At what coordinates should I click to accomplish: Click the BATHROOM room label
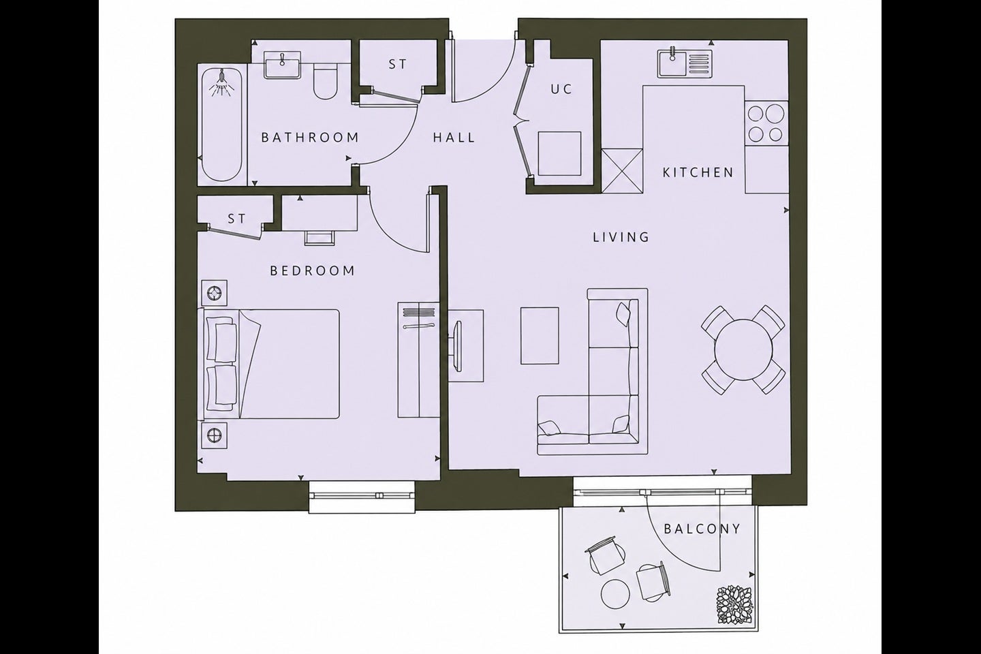310,138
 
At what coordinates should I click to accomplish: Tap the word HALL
454,138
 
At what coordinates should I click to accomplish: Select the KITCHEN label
698,172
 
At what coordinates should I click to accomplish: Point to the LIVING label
621,238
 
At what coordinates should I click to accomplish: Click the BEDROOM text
312,270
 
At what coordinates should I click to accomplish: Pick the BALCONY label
702,529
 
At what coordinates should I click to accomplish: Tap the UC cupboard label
561,89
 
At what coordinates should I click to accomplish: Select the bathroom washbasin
283,65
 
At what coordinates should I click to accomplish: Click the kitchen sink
685,64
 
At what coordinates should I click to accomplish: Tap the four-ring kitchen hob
766,123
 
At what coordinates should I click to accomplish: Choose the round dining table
743,350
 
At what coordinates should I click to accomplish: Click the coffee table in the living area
540,336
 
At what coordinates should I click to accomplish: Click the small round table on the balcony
616,594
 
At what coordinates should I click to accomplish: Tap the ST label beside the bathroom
398,65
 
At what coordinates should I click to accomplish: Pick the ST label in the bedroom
237,218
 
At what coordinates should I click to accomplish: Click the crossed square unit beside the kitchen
622,171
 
